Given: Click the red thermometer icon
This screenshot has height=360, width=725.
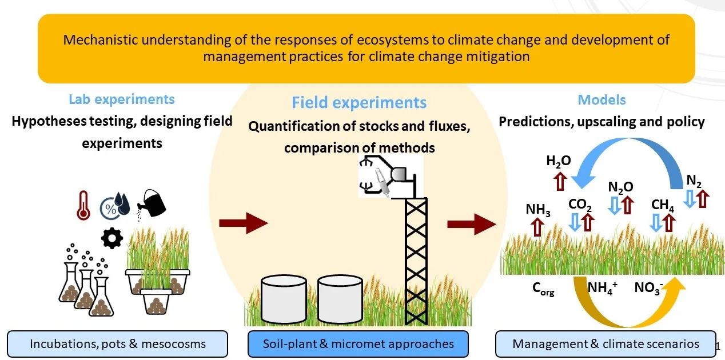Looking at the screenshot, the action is pyautogui.click(x=83, y=205).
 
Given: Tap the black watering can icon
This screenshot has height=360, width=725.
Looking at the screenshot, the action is pyautogui.click(x=152, y=205).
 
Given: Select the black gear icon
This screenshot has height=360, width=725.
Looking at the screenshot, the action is pyautogui.click(x=112, y=238).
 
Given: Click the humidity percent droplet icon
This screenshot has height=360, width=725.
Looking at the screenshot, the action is pyautogui.click(x=115, y=206).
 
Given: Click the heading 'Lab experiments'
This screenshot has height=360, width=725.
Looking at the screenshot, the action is pyautogui.click(x=122, y=99).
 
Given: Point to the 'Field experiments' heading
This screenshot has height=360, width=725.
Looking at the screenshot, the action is pyautogui.click(x=359, y=102).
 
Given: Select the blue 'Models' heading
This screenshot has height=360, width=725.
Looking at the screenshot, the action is pyautogui.click(x=601, y=99).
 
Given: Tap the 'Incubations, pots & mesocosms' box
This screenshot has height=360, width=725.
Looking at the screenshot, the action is pyautogui.click(x=117, y=344).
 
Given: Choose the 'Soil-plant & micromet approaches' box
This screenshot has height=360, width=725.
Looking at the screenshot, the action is pyautogui.click(x=358, y=344).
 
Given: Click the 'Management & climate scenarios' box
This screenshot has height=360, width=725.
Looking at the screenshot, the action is pyautogui.click(x=606, y=344).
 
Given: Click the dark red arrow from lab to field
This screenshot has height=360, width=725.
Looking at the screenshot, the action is pyautogui.click(x=244, y=223).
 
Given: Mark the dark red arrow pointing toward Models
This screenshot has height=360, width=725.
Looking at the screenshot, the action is pyautogui.click(x=472, y=224).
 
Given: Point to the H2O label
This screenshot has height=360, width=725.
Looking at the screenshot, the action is pyautogui.click(x=559, y=161).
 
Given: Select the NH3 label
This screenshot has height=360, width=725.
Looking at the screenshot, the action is pyautogui.click(x=538, y=210).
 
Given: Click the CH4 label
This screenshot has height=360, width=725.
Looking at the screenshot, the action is pyautogui.click(x=663, y=205).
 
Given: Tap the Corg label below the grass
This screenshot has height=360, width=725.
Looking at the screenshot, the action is pyautogui.click(x=543, y=289).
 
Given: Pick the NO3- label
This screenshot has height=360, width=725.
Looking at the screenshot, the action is pyautogui.click(x=648, y=287).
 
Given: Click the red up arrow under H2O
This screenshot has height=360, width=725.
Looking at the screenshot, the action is pyautogui.click(x=560, y=181).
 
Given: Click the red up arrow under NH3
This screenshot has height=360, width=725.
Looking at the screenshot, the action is pyautogui.click(x=537, y=227).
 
